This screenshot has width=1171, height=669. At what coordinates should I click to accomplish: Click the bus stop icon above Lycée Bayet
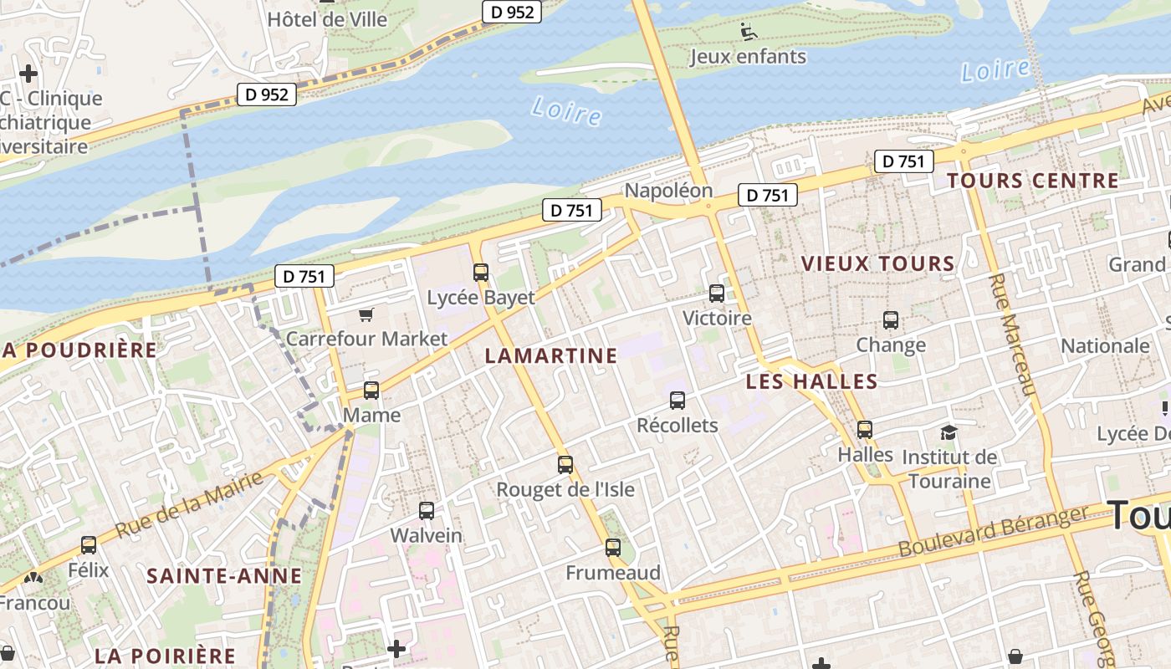coord(481,272)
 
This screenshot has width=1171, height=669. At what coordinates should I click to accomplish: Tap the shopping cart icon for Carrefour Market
coord(366,314)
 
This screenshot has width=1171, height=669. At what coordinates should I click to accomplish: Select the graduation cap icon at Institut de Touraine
coord(948,432)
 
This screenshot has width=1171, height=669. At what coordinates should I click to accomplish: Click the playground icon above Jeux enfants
coord(749,32)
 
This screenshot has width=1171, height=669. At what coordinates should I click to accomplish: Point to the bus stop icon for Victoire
coord(717,294)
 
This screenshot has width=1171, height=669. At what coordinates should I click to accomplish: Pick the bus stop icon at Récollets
coord(678,401)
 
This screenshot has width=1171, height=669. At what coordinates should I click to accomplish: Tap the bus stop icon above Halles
coord(865,430)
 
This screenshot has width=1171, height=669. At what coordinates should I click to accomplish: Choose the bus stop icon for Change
coord(891,319)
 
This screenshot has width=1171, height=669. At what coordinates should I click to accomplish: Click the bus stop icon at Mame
coord(371,391)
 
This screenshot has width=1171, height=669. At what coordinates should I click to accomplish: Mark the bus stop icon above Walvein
coord(427,510)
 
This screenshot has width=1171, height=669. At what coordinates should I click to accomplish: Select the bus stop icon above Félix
coord(89,545)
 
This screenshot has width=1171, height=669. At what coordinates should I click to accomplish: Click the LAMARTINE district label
coord(551,355)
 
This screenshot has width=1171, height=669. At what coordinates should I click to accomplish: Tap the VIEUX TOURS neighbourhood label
coord(878,263)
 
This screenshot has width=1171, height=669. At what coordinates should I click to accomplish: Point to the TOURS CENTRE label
coord(1033,181)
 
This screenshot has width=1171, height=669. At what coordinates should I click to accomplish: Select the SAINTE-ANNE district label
coord(224,575)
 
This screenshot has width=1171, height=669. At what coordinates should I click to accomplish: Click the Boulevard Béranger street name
coord(995,532)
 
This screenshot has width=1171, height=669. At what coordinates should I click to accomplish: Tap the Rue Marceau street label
coord(1013,334)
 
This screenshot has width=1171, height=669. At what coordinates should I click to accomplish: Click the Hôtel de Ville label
coord(327,18)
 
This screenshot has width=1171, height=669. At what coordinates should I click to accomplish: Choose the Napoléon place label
coord(668,190)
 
